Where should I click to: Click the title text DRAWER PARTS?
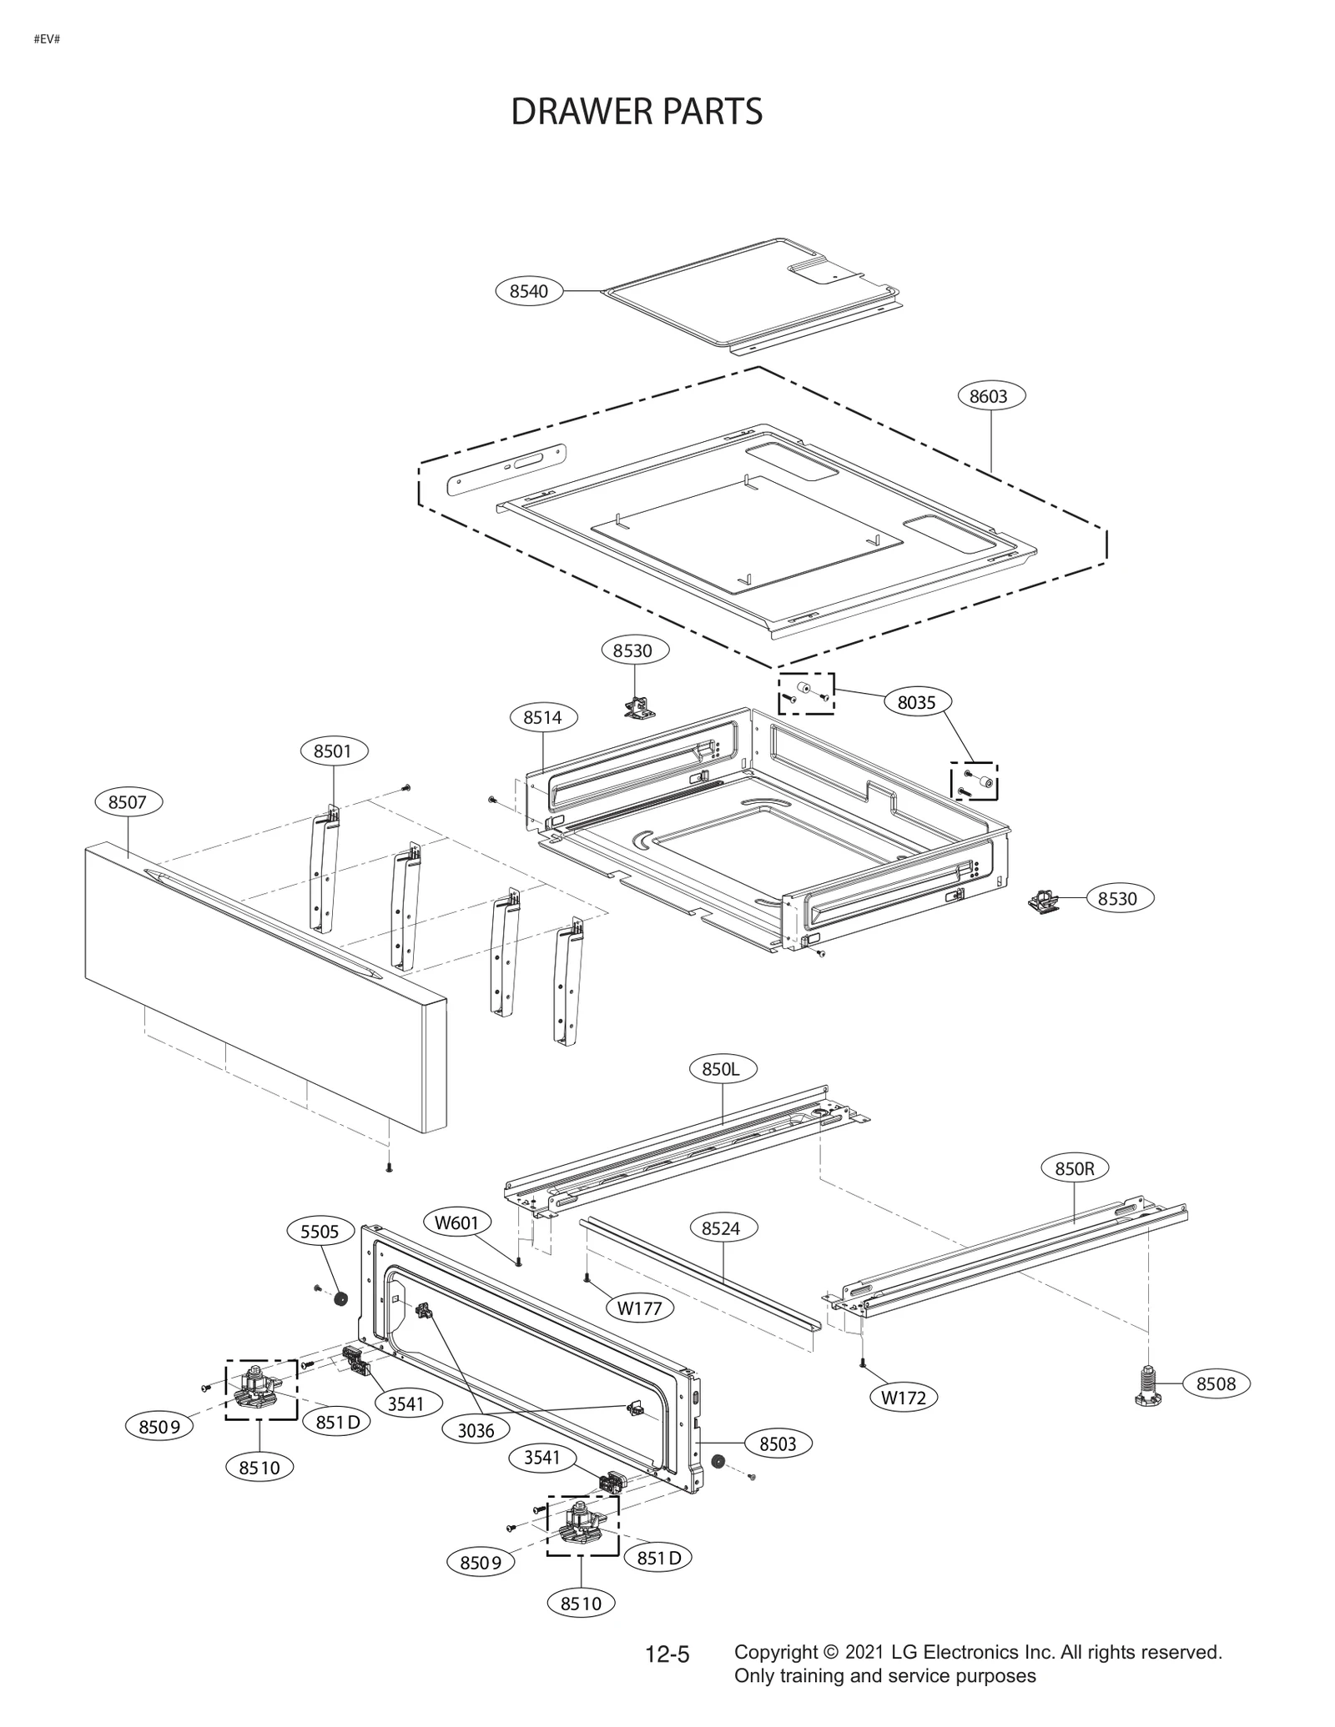(x=636, y=112)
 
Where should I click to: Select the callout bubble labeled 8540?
(x=529, y=291)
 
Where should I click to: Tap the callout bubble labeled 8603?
(x=989, y=396)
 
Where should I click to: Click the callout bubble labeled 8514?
(x=542, y=717)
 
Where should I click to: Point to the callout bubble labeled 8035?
(x=916, y=702)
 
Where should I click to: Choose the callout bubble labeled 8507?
(x=128, y=802)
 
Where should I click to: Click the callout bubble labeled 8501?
(x=333, y=751)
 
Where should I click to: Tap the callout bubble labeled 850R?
(x=1075, y=1169)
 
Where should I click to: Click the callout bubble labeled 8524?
(x=721, y=1228)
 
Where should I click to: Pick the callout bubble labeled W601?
(x=457, y=1223)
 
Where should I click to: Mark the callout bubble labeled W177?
(x=639, y=1308)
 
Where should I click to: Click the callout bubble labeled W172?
(x=904, y=1397)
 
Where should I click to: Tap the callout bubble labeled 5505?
(x=320, y=1232)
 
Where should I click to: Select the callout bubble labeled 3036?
(x=476, y=1430)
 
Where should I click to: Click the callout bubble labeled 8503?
(x=778, y=1443)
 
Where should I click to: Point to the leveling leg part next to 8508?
(x=1149, y=1385)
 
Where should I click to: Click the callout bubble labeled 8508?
(x=1216, y=1384)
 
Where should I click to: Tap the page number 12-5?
(x=667, y=1654)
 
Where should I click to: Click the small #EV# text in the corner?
(x=47, y=39)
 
